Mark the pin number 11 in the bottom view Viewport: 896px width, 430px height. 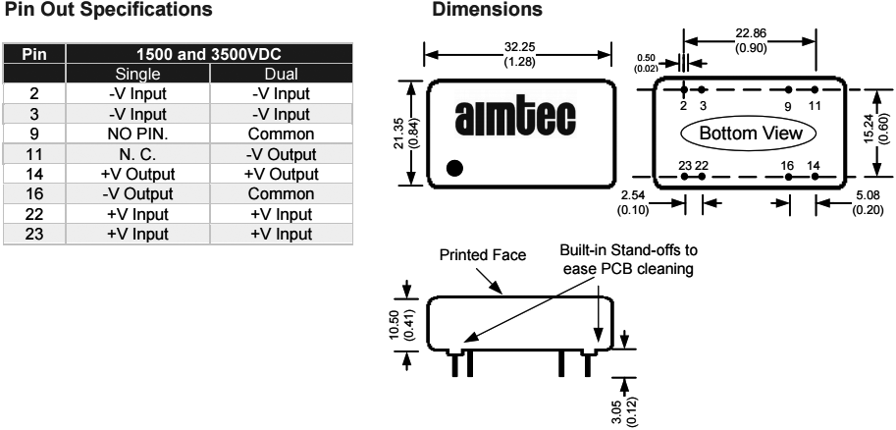tap(815, 104)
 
